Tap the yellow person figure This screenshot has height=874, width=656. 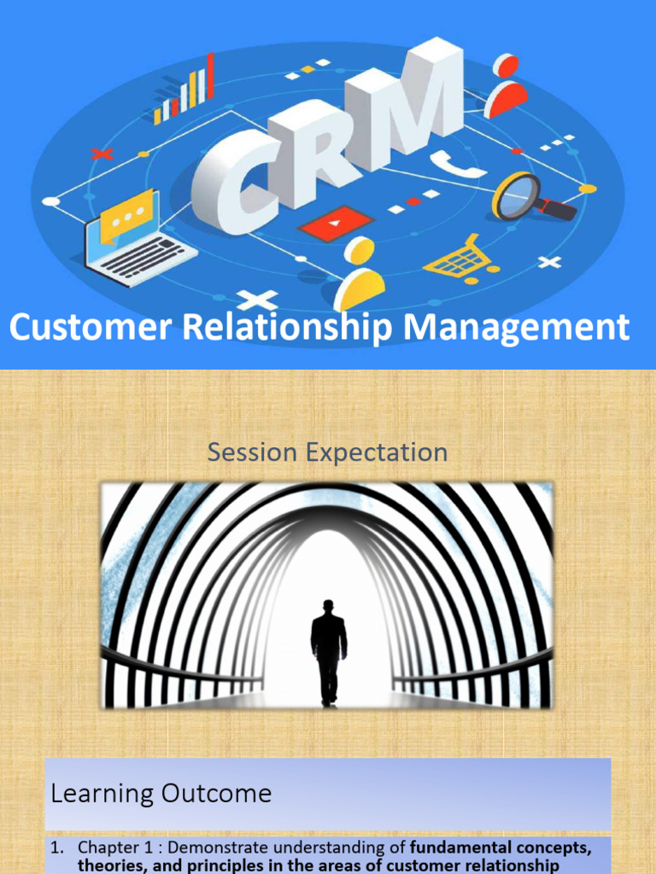click(360, 273)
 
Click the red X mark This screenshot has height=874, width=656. click(102, 154)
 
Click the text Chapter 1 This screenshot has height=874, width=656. click(111, 848)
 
